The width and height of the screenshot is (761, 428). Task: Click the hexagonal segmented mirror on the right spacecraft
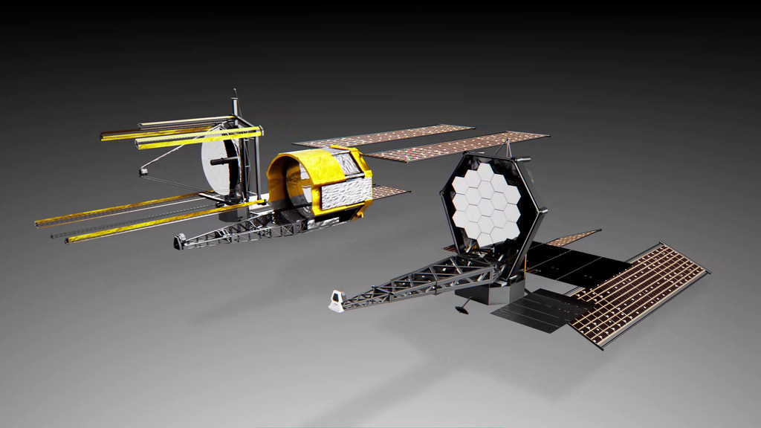pos(487,202)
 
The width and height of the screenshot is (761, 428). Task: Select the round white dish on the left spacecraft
pos(220,165)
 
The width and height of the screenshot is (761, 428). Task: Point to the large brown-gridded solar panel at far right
pos(639,290)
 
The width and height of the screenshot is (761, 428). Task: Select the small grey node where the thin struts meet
pos(143,172)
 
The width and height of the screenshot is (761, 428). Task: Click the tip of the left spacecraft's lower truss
pos(180,241)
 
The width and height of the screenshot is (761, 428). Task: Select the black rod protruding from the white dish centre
pos(220,160)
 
